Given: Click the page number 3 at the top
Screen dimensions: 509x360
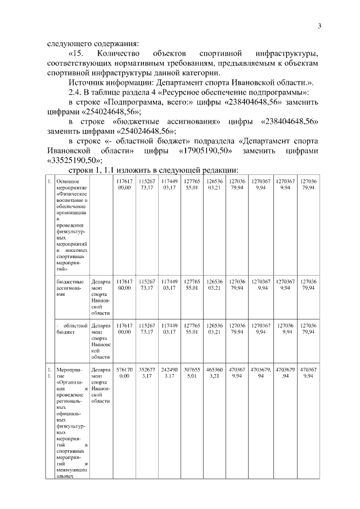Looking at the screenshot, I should (x=319, y=26).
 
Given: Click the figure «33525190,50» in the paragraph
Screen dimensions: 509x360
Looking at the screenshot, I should (x=70, y=160).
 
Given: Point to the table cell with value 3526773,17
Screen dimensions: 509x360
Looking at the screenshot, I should (x=147, y=372).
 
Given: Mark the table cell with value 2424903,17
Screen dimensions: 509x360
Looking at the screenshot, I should (x=169, y=372).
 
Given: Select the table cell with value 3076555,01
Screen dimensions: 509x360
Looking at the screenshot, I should (x=192, y=372).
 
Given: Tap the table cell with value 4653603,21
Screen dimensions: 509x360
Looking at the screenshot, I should (x=214, y=372).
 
